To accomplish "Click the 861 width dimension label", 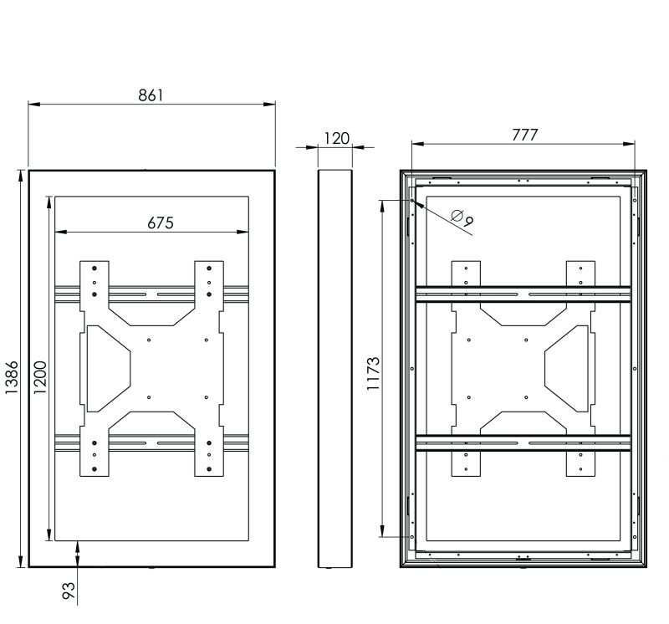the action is (151, 95).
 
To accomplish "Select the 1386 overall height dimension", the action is (12, 377).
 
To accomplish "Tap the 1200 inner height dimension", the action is (40, 377).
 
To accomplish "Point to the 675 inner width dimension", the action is (161, 222).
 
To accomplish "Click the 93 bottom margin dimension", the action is (69, 591).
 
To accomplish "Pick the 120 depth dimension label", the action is (337, 138).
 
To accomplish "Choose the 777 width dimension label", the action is (525, 135).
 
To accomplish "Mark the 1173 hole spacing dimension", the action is (373, 373).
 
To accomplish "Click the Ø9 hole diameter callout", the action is (462, 218).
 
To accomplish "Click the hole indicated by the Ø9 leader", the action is (412, 200).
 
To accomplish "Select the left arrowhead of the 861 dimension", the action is (34, 104).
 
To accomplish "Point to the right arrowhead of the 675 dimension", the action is (243, 233).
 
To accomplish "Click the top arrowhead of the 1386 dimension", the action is (20, 176).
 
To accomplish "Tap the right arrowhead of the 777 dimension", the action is (629, 144).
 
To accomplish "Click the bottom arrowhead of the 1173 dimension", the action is (382, 530).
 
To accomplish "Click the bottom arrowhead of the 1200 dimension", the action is (49, 534).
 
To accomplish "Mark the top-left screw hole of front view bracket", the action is (94, 268).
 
